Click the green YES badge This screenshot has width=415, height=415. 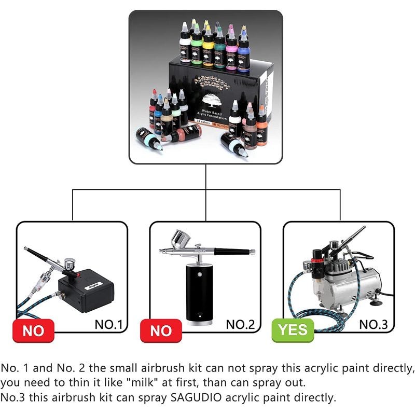click(x=293, y=330)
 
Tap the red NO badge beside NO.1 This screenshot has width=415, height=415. click(x=34, y=330)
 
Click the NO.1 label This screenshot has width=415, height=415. click(x=108, y=325)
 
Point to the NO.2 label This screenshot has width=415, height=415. click(x=241, y=325)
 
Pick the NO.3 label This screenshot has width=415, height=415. click(x=374, y=325)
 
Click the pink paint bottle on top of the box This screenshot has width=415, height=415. click(x=231, y=49)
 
